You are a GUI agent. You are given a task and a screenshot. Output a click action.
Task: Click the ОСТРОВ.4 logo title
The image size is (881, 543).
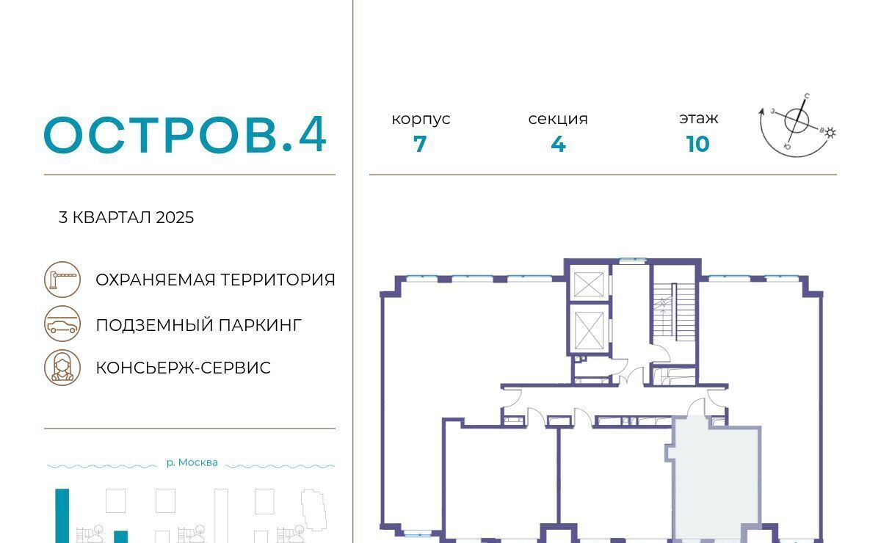(x=185, y=134)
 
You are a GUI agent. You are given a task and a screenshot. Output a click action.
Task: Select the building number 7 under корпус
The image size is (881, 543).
(x=420, y=144)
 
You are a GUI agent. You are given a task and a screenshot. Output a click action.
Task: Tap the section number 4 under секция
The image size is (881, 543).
(x=558, y=144)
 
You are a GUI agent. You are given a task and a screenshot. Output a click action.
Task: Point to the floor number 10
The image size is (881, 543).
(x=697, y=144)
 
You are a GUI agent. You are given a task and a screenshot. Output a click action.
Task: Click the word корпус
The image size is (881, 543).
(x=421, y=119)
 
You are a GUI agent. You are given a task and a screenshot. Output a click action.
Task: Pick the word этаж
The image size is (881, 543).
(x=698, y=118)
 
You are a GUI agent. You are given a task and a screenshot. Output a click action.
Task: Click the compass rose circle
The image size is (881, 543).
(x=797, y=120)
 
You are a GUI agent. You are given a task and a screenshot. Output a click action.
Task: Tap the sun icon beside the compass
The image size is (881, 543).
(x=830, y=133)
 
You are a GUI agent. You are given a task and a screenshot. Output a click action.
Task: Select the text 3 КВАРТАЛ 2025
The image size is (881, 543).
(x=126, y=217)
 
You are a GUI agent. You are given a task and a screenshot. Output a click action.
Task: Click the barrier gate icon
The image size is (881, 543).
(x=62, y=279)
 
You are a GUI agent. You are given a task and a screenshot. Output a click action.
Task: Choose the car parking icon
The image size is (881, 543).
(x=62, y=324)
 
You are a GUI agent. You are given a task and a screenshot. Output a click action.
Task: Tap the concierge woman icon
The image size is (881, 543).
(x=62, y=368)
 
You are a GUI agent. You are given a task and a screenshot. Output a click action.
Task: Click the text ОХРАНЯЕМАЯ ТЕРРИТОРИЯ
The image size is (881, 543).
(x=215, y=280)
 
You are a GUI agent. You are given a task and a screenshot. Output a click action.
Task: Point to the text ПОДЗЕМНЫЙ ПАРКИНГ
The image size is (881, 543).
(x=199, y=326)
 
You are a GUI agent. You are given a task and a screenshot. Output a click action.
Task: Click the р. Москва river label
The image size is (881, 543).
(x=192, y=462)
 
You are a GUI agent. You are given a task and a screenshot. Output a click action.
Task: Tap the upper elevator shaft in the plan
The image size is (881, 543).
(x=589, y=284)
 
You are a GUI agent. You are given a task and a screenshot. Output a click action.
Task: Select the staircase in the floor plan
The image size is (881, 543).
(x=674, y=313)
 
